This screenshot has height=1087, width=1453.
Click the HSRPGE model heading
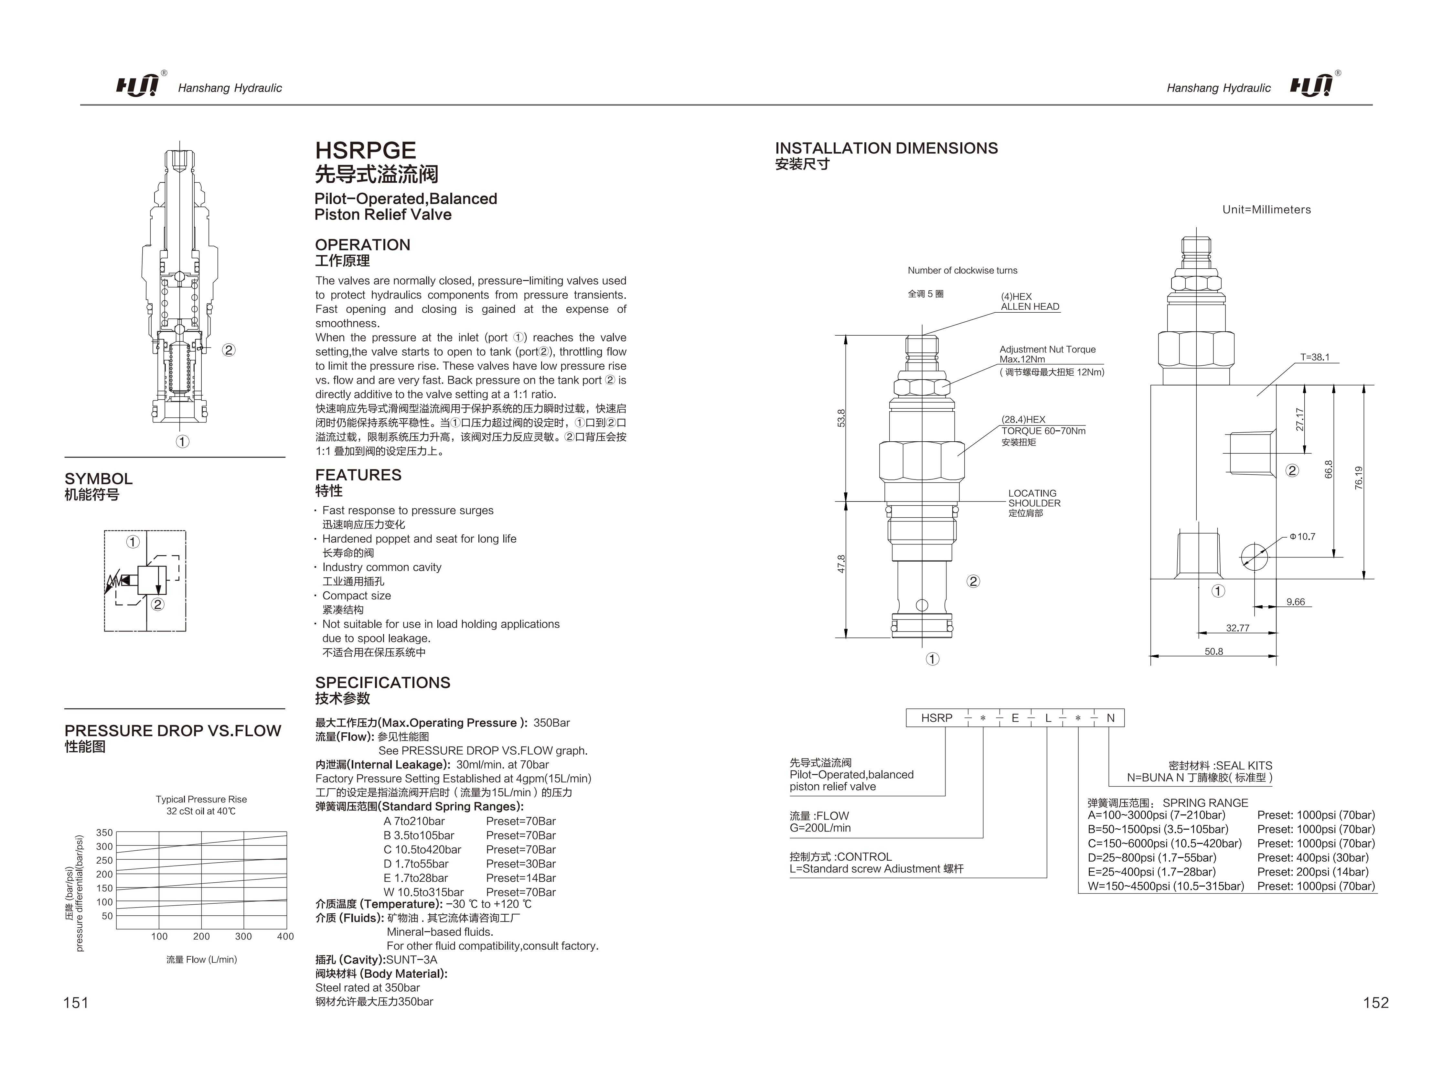(x=365, y=150)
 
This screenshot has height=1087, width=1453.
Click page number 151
(x=76, y=1002)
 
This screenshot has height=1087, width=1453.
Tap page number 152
(x=1375, y=1002)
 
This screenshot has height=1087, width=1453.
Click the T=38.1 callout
(x=1314, y=358)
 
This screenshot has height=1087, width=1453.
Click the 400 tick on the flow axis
(x=285, y=937)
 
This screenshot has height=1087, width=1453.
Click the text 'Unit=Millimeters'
(x=1266, y=210)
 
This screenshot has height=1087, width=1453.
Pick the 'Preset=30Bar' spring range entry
(x=520, y=864)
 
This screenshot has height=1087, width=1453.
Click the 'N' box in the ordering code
(x=1110, y=718)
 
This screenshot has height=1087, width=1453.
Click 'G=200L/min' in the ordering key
(x=820, y=828)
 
